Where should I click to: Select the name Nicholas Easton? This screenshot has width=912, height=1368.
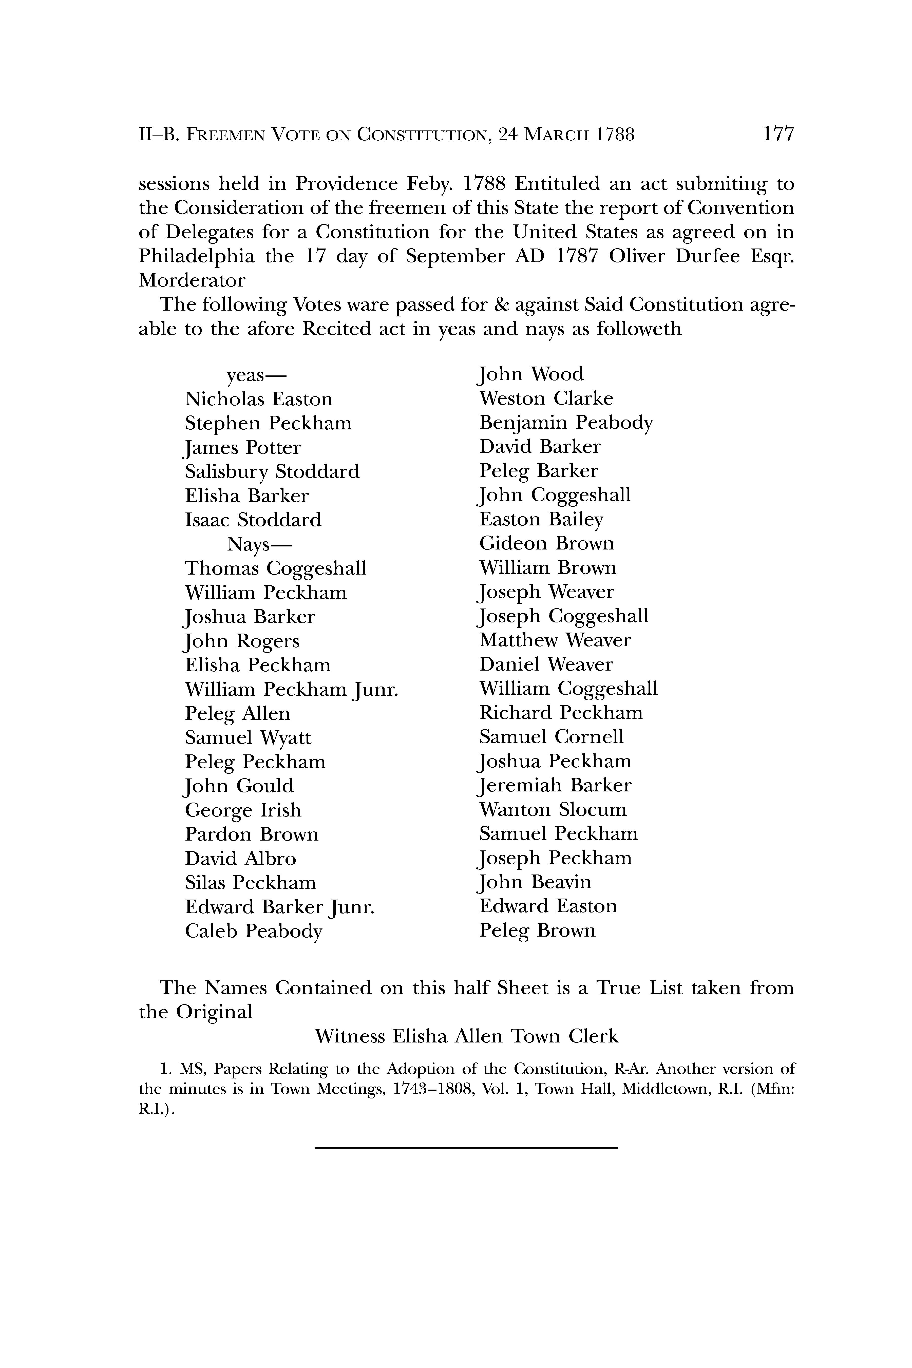pos(259,399)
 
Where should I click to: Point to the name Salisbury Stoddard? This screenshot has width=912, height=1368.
pos(272,472)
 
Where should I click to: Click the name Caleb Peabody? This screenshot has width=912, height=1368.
pos(254,931)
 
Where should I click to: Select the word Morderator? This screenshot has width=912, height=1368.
pos(192,280)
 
